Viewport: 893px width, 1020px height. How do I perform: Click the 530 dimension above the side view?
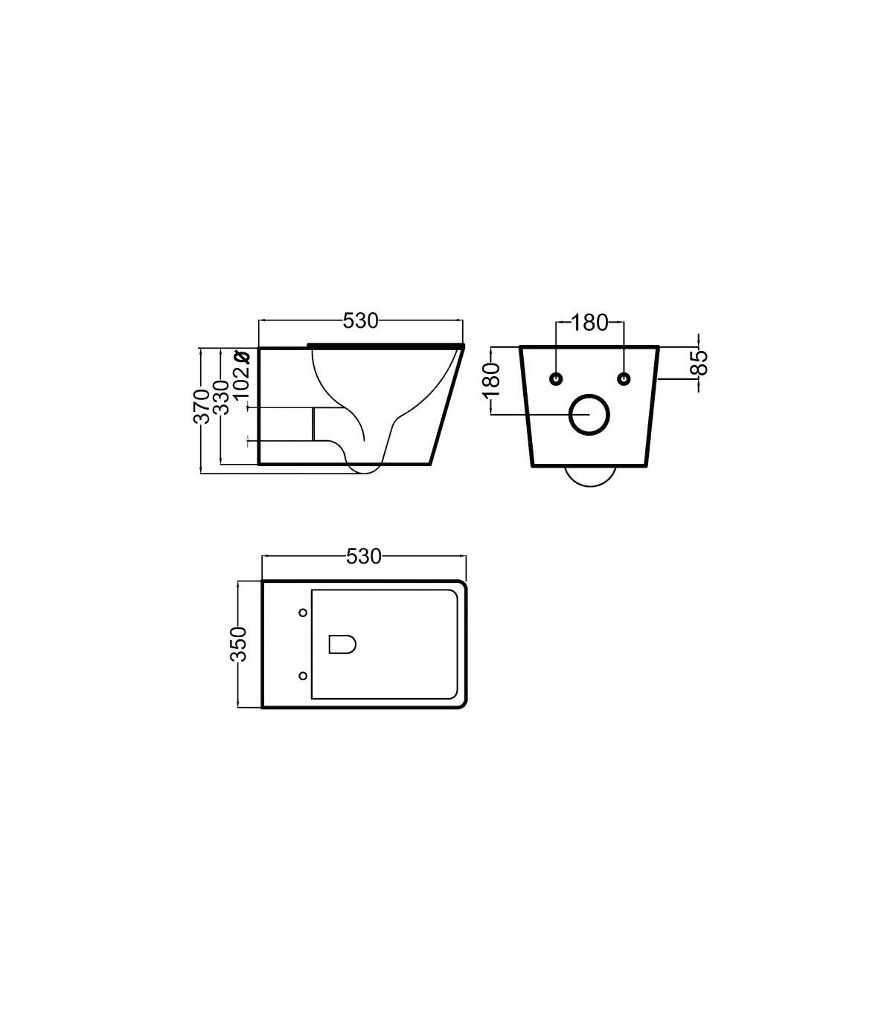[360, 322]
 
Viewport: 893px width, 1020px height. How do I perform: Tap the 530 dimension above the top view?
[364, 556]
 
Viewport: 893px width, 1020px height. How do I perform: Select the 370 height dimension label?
[202, 407]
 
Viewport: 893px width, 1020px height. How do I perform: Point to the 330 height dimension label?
[221, 397]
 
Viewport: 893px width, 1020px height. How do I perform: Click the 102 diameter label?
[241, 382]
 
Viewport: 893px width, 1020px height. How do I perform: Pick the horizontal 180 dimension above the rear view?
[589, 323]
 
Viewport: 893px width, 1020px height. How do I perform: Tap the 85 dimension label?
[701, 363]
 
